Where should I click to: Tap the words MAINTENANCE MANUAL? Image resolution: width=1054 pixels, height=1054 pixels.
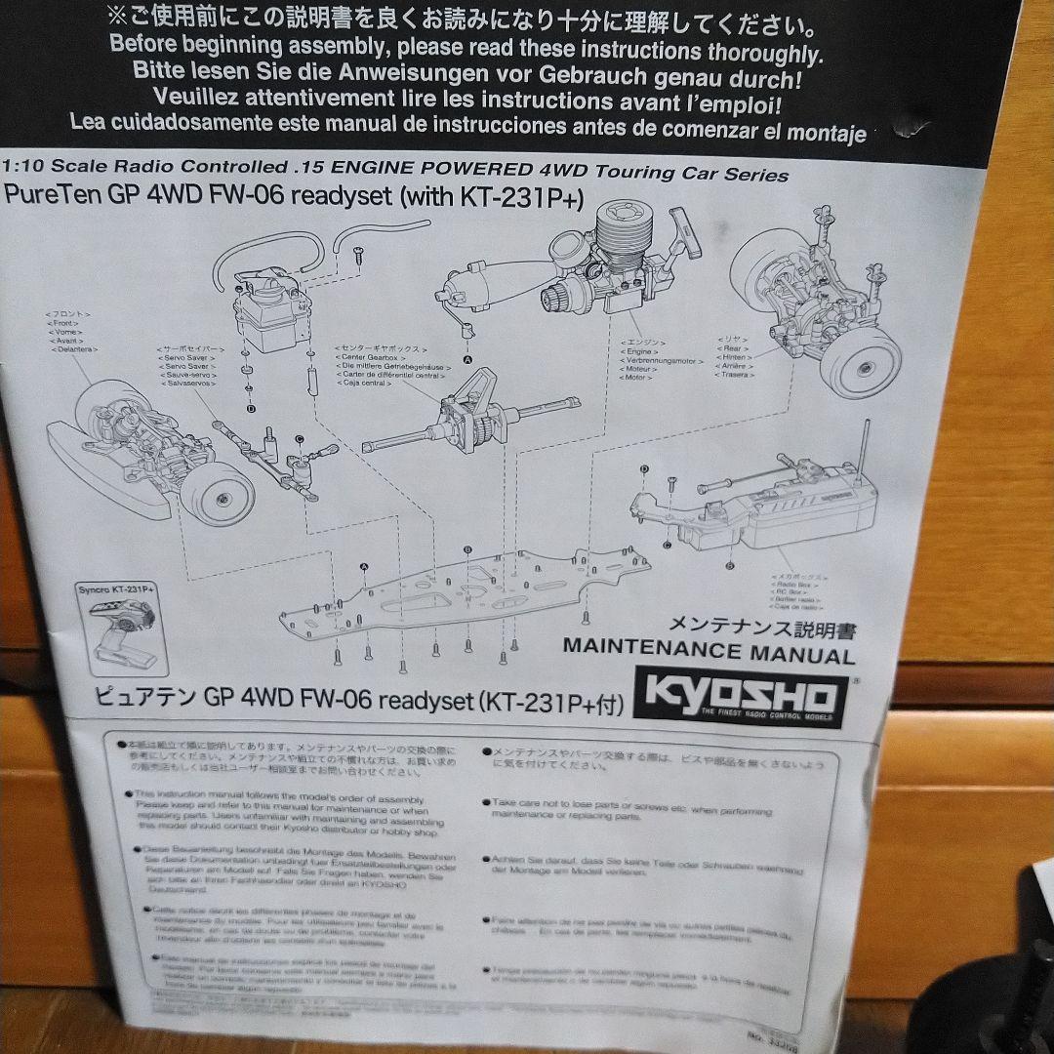tap(709, 653)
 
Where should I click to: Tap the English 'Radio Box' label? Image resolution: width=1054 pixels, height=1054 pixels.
tap(790, 586)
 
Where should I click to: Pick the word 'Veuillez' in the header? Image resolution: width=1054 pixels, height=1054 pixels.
tap(196, 99)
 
